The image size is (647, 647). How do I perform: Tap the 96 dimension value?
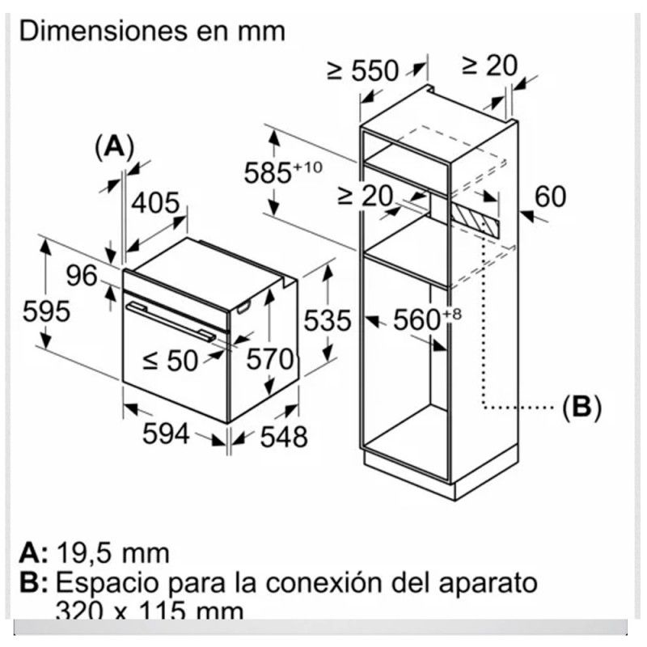click(82, 276)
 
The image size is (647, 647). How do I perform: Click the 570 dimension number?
click(269, 359)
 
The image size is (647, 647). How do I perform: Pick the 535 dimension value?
click(328, 321)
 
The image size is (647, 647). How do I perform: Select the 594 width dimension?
click(166, 434)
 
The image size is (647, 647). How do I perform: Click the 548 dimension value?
click(284, 437)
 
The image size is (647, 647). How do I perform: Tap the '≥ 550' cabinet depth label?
click(363, 71)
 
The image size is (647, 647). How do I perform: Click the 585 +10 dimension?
click(285, 171)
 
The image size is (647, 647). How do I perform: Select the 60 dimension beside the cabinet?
click(550, 197)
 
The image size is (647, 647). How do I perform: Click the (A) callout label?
click(114, 146)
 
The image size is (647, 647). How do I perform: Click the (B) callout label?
click(581, 408)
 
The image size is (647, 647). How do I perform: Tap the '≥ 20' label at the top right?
click(488, 66)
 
